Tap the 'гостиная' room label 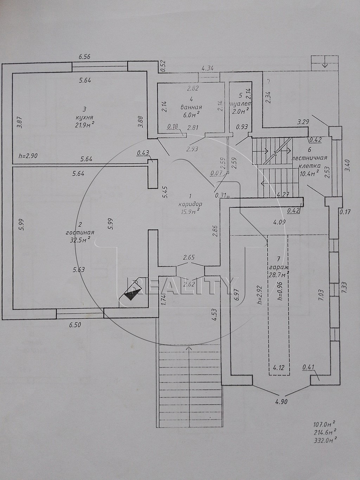point(80,232)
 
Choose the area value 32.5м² point(80,241)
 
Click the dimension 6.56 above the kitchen point(85,57)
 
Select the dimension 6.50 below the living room point(75,325)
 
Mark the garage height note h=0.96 point(280,292)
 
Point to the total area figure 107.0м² point(323,423)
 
